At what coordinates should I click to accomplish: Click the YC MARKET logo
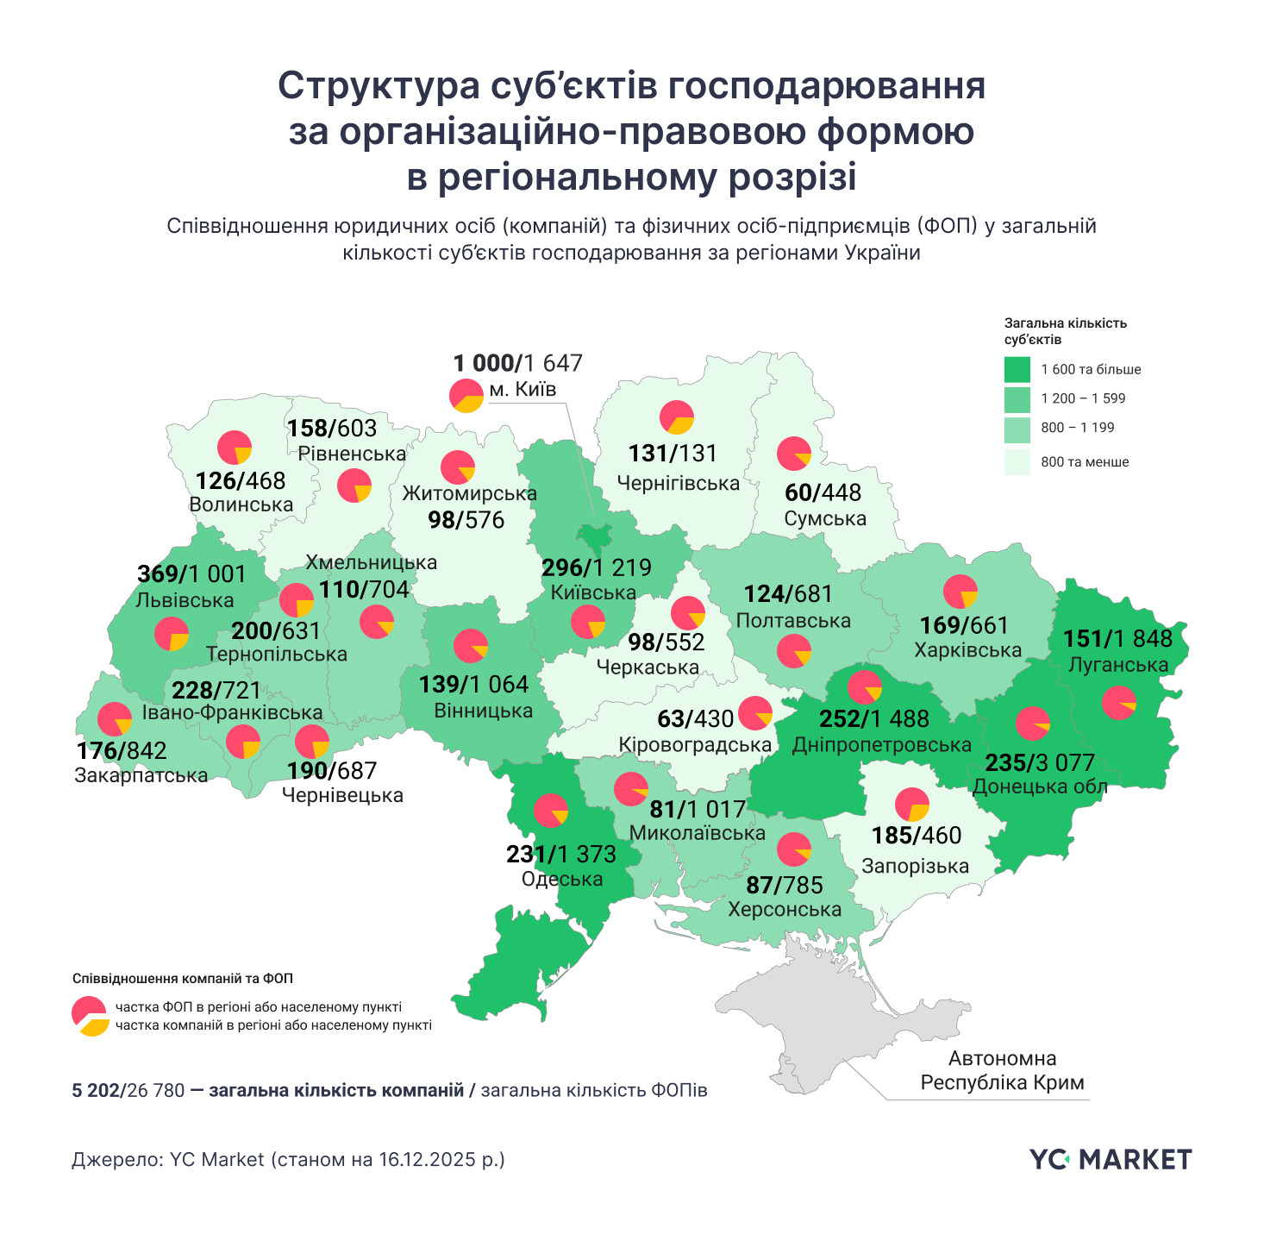(x=1111, y=1159)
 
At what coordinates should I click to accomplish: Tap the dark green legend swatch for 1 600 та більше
(x=1017, y=369)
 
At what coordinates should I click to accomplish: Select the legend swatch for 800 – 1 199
(x=1017, y=428)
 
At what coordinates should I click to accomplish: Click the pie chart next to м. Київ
(x=466, y=395)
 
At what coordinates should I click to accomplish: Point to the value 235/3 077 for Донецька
(x=1040, y=762)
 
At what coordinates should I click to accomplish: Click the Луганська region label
(x=1117, y=664)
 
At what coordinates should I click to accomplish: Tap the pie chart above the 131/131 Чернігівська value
(x=677, y=417)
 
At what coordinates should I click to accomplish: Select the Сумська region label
(x=825, y=518)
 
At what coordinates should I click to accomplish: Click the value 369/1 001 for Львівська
(x=191, y=573)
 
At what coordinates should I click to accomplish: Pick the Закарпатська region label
(x=141, y=774)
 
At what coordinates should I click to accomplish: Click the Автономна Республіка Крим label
(x=1002, y=1070)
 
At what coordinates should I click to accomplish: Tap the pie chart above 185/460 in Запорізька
(x=911, y=805)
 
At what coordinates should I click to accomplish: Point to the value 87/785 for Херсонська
(x=785, y=885)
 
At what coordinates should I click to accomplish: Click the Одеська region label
(x=562, y=879)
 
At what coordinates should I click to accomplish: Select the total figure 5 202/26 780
(x=128, y=1090)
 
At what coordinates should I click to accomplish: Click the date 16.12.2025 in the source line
(x=426, y=1159)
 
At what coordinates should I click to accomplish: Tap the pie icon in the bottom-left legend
(x=90, y=1015)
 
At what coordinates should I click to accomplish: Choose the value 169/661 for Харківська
(x=964, y=624)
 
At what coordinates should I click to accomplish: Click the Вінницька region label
(x=483, y=711)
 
